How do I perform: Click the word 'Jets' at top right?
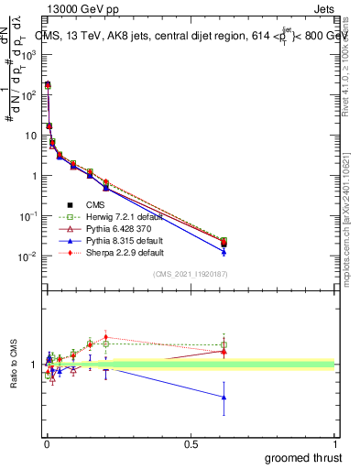tap(322, 9)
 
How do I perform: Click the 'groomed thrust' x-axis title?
tap(304, 457)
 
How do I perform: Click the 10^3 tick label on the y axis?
tap(27, 54)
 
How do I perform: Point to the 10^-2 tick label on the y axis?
tap(27, 256)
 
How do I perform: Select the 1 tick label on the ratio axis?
tap(33, 365)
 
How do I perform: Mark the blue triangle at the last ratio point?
tap(224, 397)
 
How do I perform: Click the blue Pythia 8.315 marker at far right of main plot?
tap(224, 251)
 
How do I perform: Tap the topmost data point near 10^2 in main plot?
tap(48, 84)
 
